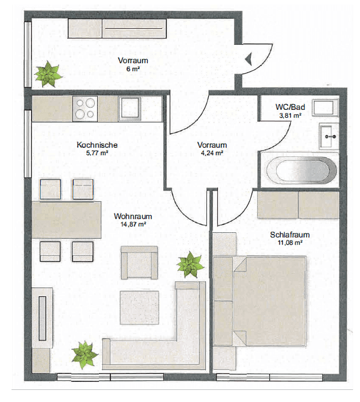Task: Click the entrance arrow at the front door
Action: [248, 59]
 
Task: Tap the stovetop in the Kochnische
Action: [85, 109]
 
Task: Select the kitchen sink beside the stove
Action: [130, 109]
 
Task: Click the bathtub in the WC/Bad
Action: [301, 170]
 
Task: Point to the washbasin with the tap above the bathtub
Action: [329, 136]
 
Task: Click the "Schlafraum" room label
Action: [290, 235]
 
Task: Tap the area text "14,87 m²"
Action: [133, 224]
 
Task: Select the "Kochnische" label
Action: [97, 145]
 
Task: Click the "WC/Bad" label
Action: [290, 107]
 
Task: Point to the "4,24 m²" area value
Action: [212, 153]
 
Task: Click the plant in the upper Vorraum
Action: [48, 74]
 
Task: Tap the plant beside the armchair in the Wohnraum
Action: [190, 265]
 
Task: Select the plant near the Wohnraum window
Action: [85, 355]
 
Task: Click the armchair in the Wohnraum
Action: [139, 262]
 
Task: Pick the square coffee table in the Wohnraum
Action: [139, 308]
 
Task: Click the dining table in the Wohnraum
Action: [66, 220]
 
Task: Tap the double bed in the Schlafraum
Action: [269, 301]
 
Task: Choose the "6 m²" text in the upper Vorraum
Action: [133, 68]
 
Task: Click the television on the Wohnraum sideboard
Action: [43, 318]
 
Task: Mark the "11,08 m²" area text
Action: [290, 243]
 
